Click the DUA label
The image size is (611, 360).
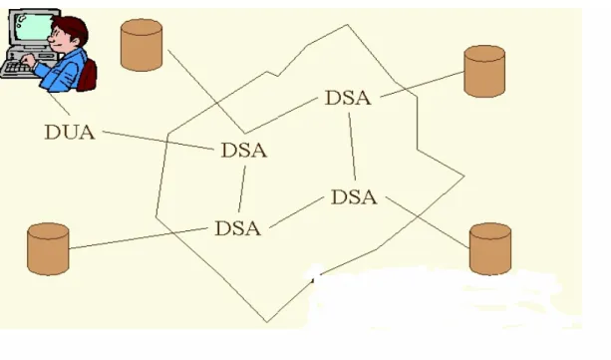(x=70, y=133)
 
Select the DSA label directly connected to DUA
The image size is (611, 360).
(x=244, y=151)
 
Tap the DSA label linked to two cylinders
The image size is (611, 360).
(x=348, y=98)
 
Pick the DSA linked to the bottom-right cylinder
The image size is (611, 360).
(x=354, y=197)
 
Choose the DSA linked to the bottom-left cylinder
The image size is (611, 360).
(x=237, y=228)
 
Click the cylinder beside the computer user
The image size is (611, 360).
(x=142, y=45)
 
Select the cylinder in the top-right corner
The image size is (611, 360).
(x=484, y=71)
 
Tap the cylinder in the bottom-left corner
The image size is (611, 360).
(x=48, y=249)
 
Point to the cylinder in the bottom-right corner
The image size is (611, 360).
(x=490, y=249)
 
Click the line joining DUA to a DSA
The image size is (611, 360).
(x=158, y=141)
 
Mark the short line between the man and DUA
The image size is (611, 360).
(x=59, y=104)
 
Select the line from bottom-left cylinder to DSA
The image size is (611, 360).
(x=139, y=238)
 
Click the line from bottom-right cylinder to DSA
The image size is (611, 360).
(x=428, y=222)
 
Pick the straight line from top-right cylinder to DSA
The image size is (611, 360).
(x=423, y=84)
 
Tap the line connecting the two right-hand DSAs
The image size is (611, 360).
(x=352, y=147)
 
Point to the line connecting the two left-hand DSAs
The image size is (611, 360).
(x=242, y=189)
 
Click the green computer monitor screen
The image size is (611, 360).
(x=34, y=27)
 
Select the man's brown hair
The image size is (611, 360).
(x=72, y=28)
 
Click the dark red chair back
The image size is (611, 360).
(x=88, y=76)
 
